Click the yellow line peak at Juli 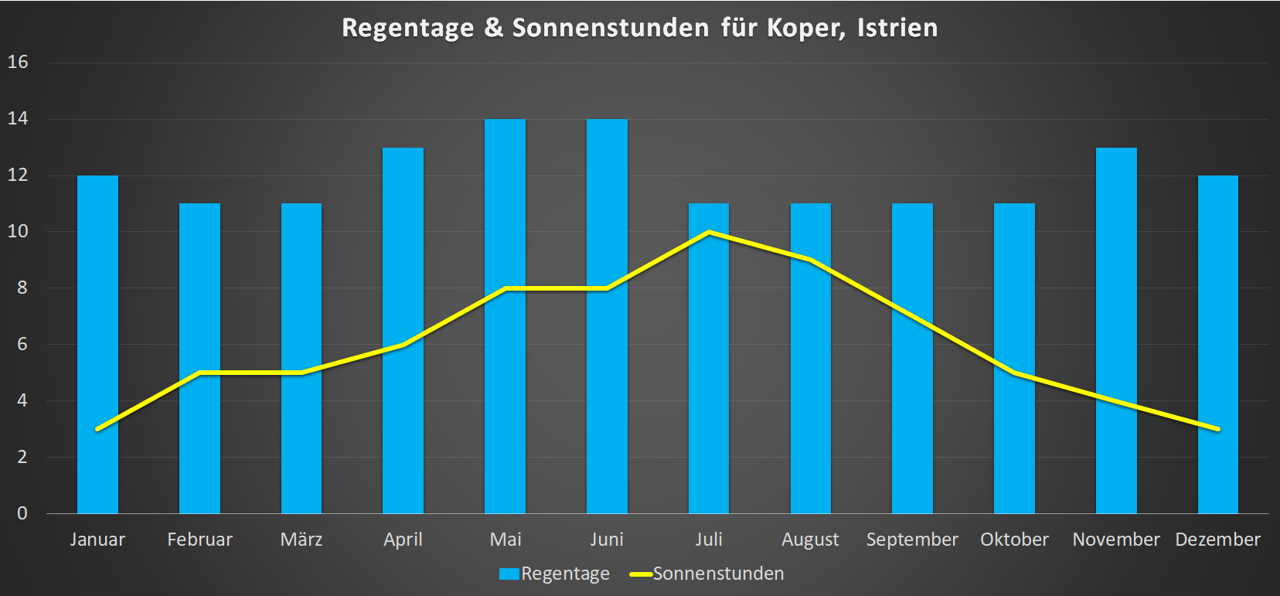709,232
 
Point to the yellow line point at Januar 97,428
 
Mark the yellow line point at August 810,260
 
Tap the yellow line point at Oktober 1014,373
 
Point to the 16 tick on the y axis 18,62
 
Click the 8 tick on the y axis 22,288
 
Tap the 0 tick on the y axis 22,513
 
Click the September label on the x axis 912,540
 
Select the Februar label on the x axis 199,540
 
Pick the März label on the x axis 301,540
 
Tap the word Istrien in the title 897,28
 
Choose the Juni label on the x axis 607,540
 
